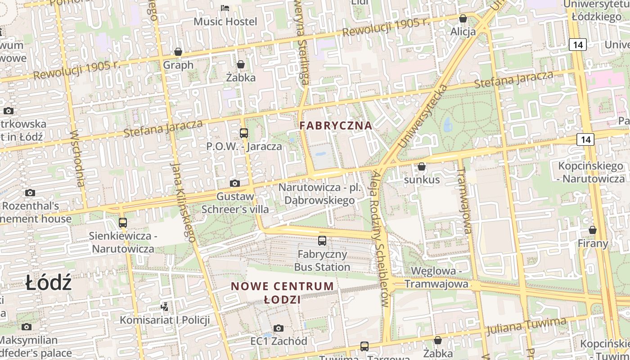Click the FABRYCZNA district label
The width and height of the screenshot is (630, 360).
tap(336, 126)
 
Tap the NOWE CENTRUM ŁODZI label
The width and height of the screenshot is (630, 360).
tap(283, 292)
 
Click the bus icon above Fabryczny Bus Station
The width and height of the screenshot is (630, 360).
tap(322, 241)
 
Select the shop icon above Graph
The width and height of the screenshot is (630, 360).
tap(178, 52)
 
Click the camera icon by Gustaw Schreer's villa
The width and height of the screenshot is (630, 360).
tap(235, 183)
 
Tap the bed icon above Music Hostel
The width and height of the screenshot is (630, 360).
tap(225, 8)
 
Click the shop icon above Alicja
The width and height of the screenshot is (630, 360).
tap(463, 19)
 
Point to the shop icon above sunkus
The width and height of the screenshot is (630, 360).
tap(422, 167)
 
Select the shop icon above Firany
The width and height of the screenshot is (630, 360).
tap(593, 230)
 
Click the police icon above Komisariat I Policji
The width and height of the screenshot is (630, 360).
tap(165, 307)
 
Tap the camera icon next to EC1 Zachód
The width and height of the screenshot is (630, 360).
tap(279, 328)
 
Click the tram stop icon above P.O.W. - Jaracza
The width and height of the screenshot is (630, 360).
tap(244, 133)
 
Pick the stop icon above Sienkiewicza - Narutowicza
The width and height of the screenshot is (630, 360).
tap(122, 223)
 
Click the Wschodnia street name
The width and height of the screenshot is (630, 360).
tap(77, 158)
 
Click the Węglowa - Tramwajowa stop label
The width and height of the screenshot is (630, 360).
tap(436, 278)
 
